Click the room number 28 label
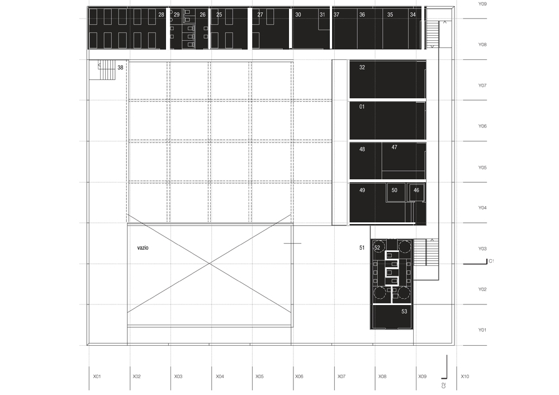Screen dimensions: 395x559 161,15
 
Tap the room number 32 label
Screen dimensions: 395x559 362,68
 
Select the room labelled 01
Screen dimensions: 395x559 362,106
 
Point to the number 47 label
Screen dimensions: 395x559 394,147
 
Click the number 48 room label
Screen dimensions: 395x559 362,149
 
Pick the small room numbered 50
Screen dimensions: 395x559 395,191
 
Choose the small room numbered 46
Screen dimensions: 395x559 416,191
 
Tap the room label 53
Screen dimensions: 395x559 404,312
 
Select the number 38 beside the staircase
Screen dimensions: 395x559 120,68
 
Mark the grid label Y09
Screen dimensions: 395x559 482,4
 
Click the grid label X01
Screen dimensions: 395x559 97,377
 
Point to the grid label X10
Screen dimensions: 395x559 465,377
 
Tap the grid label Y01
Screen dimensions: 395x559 482,330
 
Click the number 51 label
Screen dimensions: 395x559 362,247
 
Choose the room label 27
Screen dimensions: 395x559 260,15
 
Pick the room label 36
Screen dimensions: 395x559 362,15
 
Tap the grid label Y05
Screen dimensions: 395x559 482,168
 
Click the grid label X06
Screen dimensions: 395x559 299,377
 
